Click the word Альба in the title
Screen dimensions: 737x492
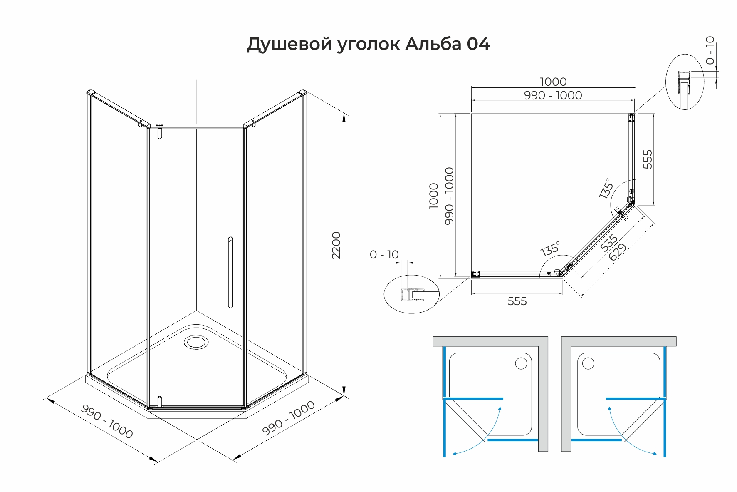[x=433, y=44]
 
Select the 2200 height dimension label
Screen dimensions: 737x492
[x=336, y=246]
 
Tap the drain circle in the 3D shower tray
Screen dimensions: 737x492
[x=195, y=342]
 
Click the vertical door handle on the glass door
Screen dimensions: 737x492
[x=230, y=272]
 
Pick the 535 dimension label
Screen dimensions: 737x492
[x=609, y=243]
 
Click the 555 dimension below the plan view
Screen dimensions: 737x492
[x=517, y=301]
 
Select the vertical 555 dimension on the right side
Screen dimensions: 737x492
[x=648, y=159]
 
